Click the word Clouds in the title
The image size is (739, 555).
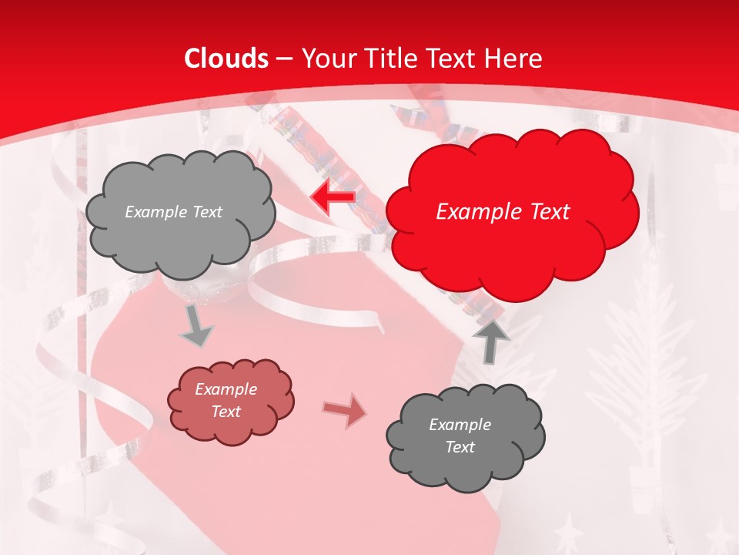226,59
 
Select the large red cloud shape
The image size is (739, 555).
512,231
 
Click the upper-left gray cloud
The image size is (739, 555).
181,239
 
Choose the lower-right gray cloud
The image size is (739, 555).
466,462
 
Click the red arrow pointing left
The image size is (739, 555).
333,197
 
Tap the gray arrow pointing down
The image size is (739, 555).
196,328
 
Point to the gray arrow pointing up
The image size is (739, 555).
490,340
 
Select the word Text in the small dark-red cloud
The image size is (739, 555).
226,412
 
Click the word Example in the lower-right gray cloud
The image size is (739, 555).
460,425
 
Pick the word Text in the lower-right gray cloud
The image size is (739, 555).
460,447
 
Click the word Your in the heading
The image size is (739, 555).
326,59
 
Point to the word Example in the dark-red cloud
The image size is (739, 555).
226,389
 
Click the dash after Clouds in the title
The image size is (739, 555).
284,59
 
